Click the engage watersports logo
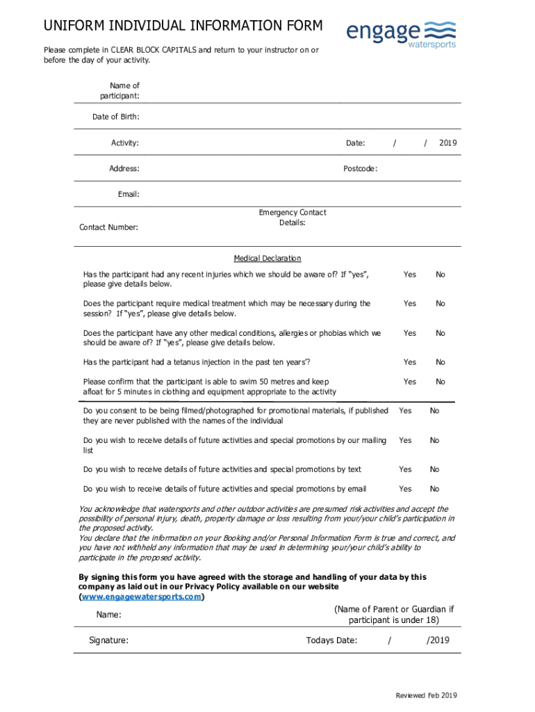[401, 33]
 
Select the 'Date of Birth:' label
[116, 117]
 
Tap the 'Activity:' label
[125, 143]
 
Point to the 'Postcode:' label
[360, 168]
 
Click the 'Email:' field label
[129, 194]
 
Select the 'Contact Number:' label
[108, 227]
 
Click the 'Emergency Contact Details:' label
[292, 218]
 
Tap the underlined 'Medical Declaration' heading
[267, 258]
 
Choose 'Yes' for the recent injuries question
[410, 275]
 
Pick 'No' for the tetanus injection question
[441, 362]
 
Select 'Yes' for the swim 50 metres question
[410, 382]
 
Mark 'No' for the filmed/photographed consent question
[435, 411]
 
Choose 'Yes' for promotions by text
[405, 469]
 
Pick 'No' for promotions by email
[435, 489]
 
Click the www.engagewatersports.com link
[142, 597]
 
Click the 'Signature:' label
[108, 640]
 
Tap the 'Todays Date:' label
[331, 640]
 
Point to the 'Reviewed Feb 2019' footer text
[427, 696]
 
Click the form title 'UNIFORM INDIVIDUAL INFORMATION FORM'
[183, 26]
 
